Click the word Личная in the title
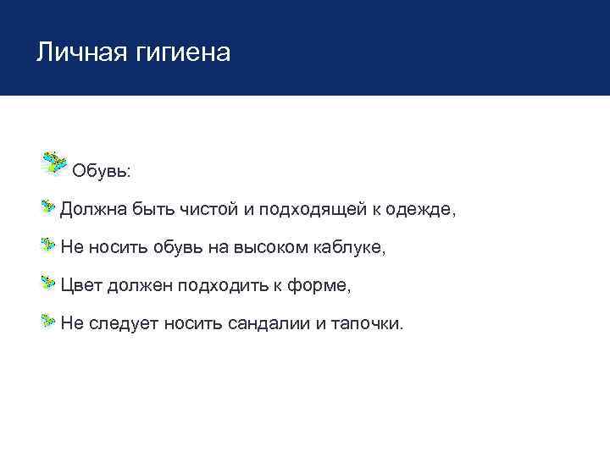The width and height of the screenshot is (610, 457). click(79, 52)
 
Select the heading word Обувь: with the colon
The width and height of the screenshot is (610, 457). click(101, 171)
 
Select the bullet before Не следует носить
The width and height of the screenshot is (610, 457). click(48, 322)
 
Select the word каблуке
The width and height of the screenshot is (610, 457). click(348, 248)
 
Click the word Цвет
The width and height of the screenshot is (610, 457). click(80, 286)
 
